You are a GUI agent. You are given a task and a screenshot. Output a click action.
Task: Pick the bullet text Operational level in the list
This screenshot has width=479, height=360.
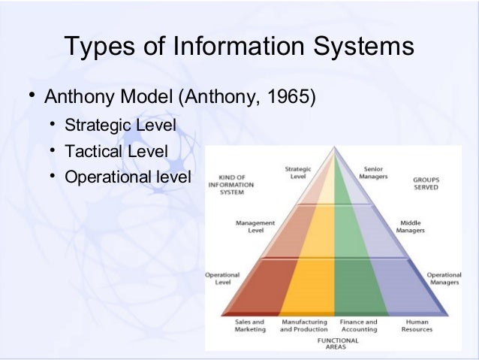point(128,179)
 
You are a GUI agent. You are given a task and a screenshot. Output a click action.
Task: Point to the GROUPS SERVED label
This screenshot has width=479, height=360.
point(426,184)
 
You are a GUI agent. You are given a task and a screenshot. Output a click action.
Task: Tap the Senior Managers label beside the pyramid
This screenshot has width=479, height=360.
point(373,173)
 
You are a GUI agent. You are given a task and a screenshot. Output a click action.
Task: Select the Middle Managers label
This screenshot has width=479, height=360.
point(411,228)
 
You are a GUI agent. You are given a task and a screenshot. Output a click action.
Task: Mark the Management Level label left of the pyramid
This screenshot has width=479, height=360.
point(255,227)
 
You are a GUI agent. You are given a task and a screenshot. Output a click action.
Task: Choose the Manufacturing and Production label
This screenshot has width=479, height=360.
point(303,325)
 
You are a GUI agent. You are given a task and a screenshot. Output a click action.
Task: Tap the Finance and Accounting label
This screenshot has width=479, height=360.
point(359,325)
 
